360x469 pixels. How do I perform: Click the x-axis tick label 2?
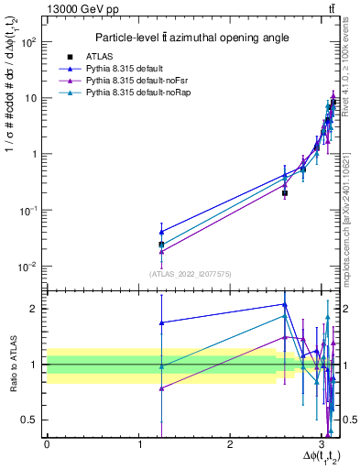(x=230, y=444)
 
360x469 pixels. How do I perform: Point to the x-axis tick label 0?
(x=47, y=444)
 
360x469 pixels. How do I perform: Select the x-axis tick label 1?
(x=138, y=444)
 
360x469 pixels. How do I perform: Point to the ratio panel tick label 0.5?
(x=33, y=420)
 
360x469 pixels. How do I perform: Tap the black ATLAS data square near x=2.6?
(x=285, y=193)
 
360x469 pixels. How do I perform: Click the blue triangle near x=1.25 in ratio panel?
(x=161, y=322)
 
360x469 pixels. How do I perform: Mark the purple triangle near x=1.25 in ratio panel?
(x=161, y=388)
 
